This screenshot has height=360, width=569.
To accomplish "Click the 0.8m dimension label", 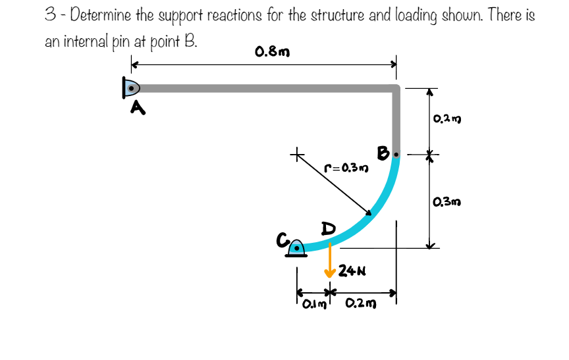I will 271,51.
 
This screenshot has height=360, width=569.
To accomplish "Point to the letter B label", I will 383,153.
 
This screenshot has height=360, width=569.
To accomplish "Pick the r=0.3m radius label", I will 346,168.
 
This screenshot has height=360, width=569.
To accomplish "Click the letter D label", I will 327,228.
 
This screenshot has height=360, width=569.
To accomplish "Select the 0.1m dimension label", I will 312,303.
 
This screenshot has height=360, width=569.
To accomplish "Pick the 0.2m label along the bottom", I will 360,303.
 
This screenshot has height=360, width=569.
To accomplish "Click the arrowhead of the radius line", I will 369,213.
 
